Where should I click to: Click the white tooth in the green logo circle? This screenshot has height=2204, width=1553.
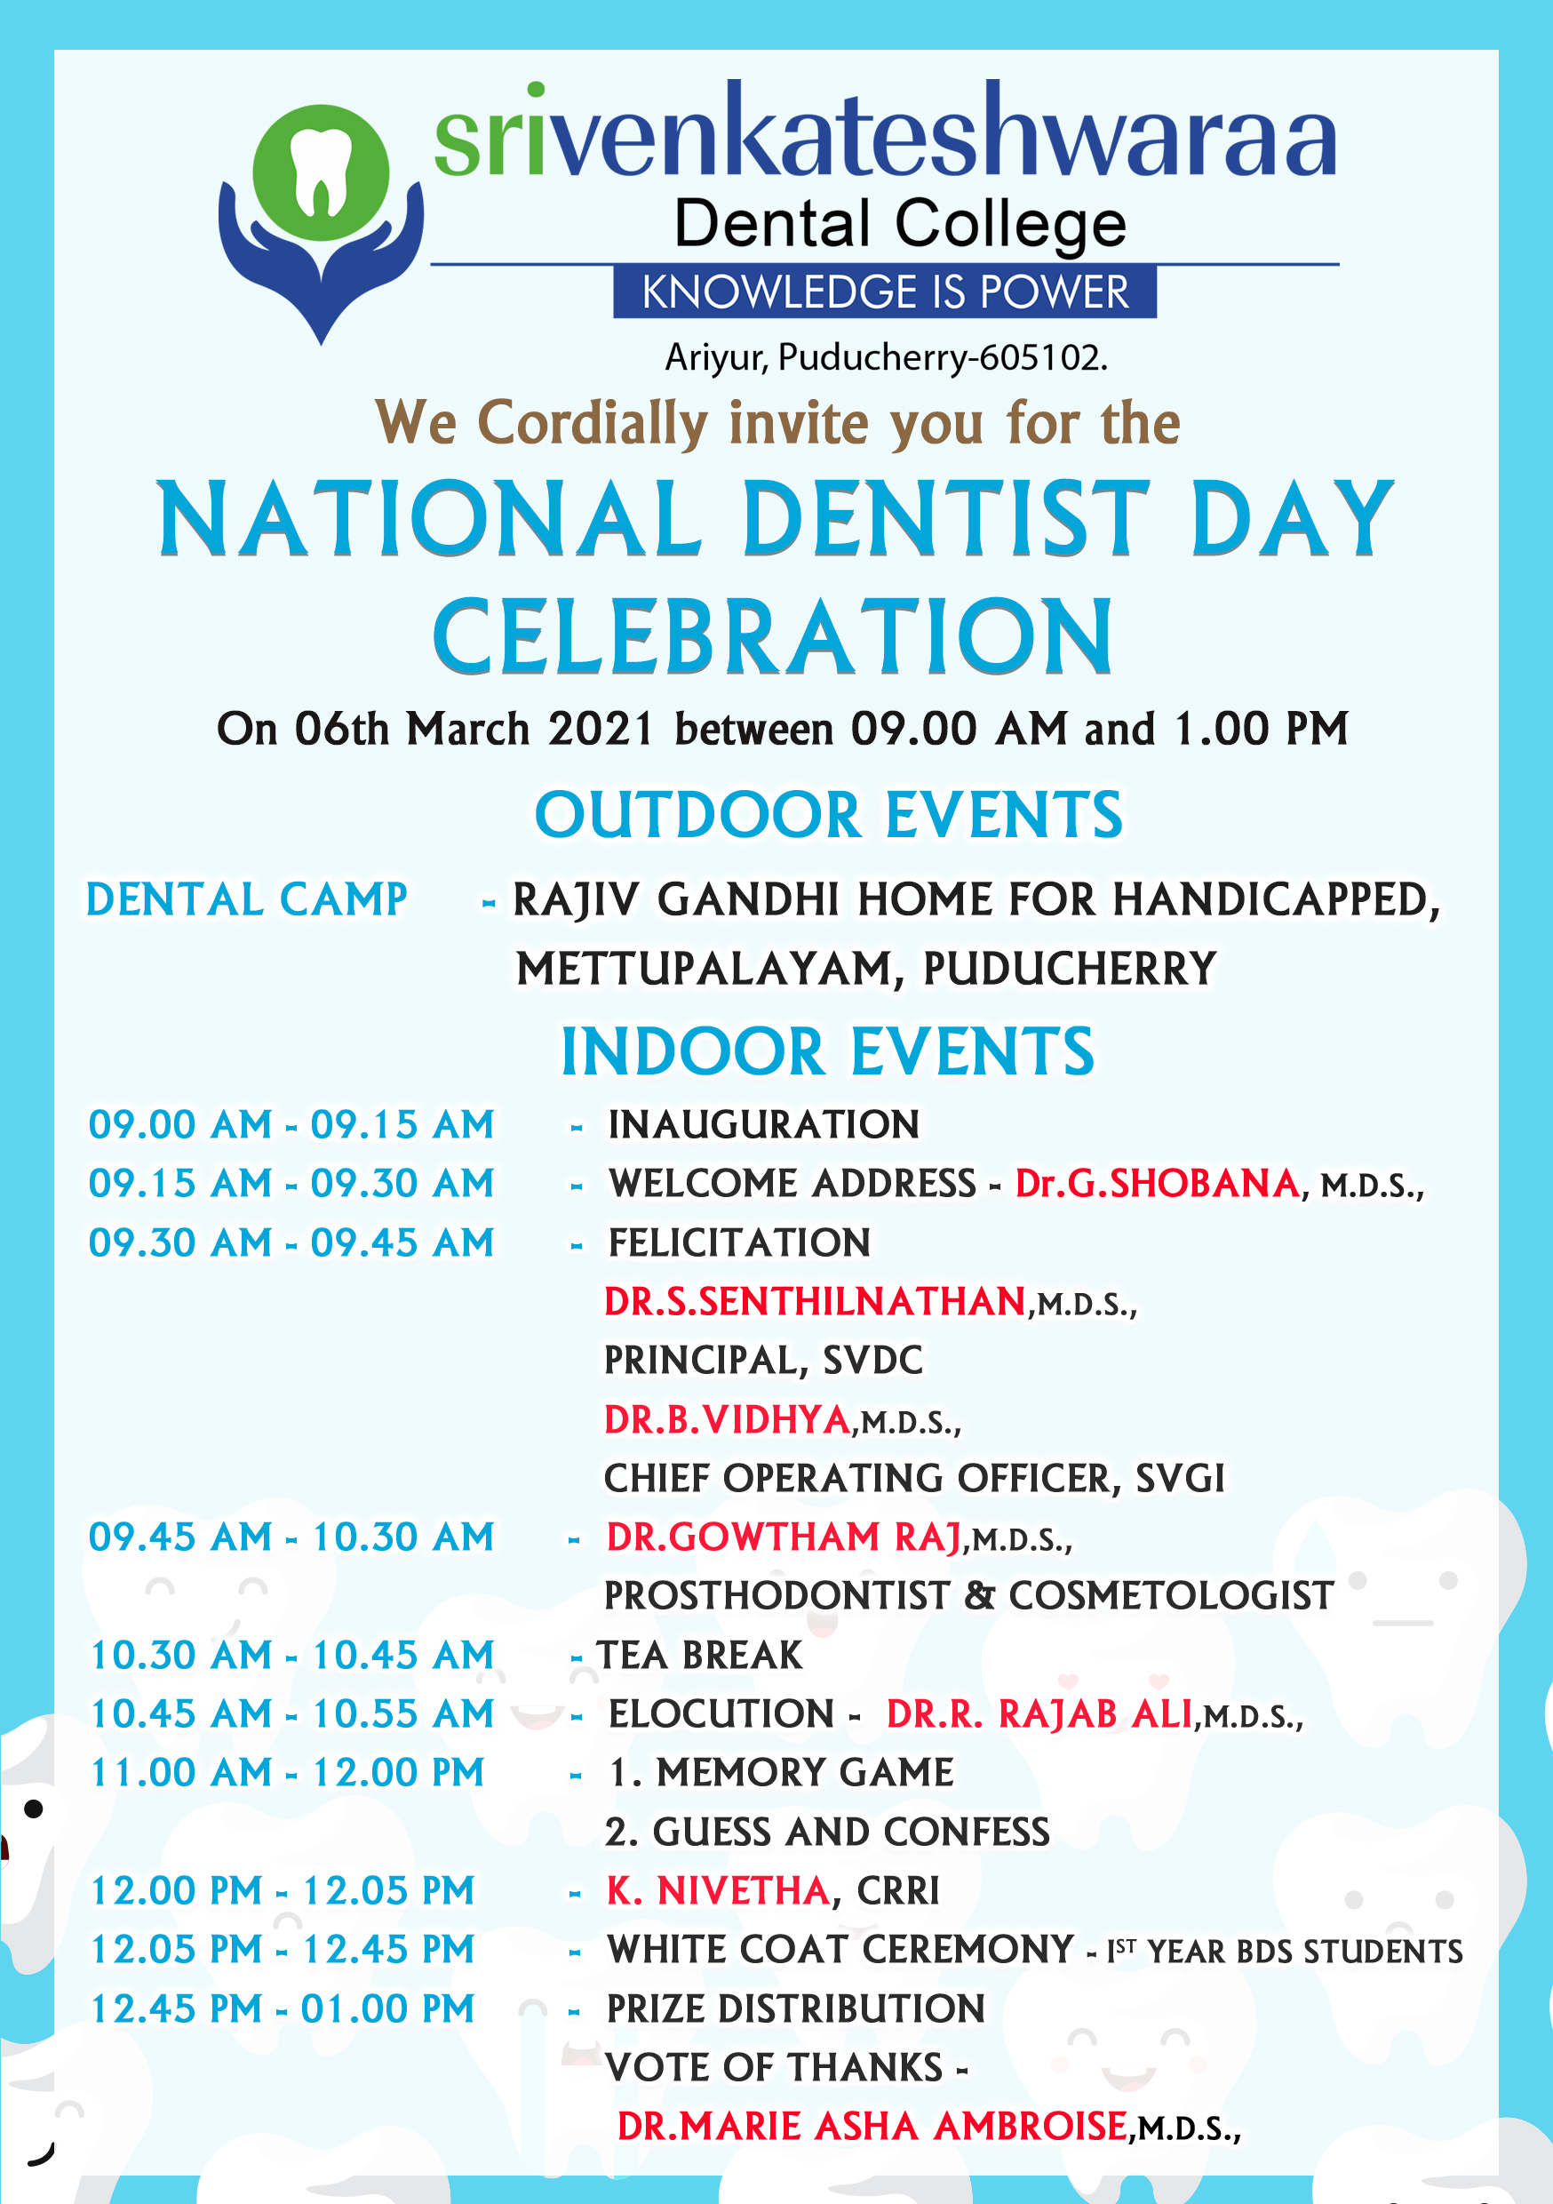coord(322,171)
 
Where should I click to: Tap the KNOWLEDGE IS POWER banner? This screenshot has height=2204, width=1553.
coord(885,291)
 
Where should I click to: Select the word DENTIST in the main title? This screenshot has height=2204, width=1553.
coord(945,518)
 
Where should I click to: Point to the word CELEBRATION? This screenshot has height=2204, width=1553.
coord(774,636)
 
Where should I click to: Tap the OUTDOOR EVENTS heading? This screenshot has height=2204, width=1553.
coord(828,815)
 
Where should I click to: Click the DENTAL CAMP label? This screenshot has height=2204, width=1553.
coord(247,899)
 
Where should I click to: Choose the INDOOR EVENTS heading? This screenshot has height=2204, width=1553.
coord(827,1051)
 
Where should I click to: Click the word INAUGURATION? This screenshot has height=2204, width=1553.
coord(764,1124)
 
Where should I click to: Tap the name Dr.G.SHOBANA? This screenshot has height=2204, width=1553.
coord(1158,1184)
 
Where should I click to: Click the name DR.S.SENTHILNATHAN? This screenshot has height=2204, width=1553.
coord(816,1302)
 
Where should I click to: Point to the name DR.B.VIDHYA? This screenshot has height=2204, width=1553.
coord(728,1420)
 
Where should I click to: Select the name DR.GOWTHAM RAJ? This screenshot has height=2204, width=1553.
coord(784,1537)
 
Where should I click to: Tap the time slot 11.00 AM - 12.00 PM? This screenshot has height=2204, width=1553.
coord(287,1772)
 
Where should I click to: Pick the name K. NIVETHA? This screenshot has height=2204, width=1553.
coord(718,1890)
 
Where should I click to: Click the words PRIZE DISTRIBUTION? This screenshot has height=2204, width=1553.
coord(796,2008)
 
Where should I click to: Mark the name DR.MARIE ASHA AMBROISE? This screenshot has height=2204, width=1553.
coord(872,2127)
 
